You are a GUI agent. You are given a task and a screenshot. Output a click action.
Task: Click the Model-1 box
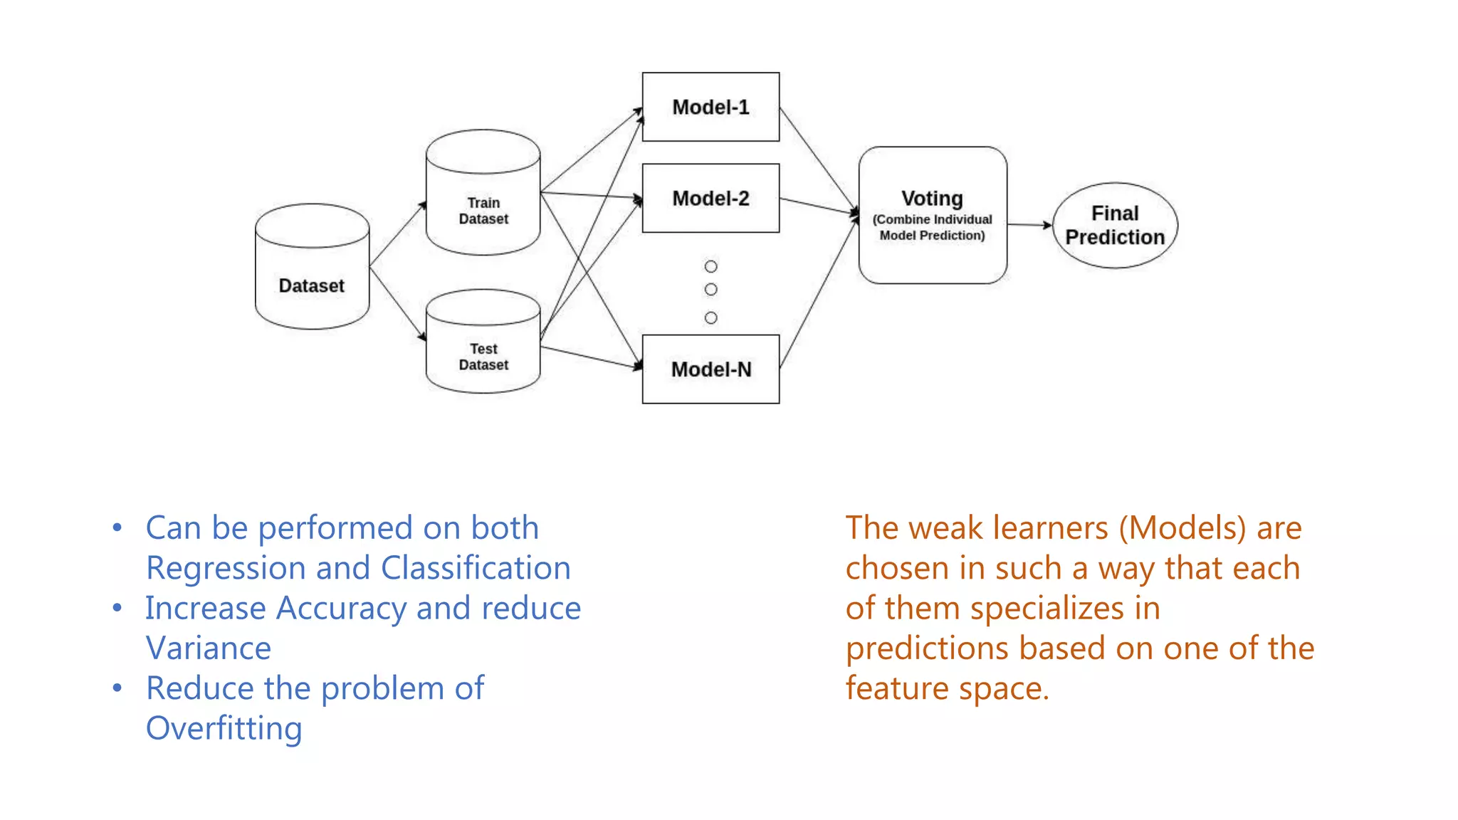click(710, 107)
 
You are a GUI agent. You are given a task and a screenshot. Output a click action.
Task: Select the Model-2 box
click(710, 198)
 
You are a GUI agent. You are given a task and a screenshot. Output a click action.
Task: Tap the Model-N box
click(710, 369)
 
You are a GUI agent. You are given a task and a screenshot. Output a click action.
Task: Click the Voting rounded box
click(933, 215)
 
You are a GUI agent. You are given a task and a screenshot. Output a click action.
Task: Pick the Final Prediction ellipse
click(1115, 225)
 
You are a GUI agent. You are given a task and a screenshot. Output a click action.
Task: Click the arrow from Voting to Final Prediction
click(1029, 225)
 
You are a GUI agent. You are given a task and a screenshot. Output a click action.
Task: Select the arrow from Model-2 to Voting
click(819, 206)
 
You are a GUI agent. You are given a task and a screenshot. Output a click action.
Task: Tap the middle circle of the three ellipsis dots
click(710, 290)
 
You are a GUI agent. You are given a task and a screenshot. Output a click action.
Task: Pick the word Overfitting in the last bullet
click(224, 728)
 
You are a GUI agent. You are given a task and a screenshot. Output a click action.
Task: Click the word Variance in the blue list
click(209, 648)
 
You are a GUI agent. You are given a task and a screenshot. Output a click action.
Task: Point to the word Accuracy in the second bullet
click(342, 608)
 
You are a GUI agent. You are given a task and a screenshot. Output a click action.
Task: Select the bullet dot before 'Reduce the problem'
click(117, 688)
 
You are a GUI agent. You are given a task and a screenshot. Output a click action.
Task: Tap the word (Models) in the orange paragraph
click(1182, 528)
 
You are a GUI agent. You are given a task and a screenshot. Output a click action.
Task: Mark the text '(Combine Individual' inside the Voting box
click(932, 219)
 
